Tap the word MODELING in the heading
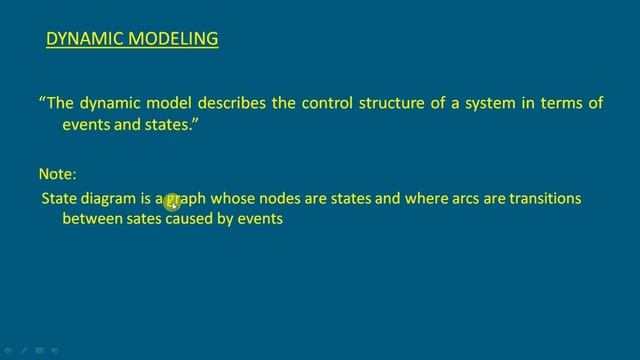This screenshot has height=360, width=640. [x=174, y=39]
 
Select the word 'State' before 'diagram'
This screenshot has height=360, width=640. [x=59, y=199]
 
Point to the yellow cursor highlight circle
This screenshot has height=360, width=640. [x=172, y=202]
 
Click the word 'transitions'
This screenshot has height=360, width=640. [x=545, y=199]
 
